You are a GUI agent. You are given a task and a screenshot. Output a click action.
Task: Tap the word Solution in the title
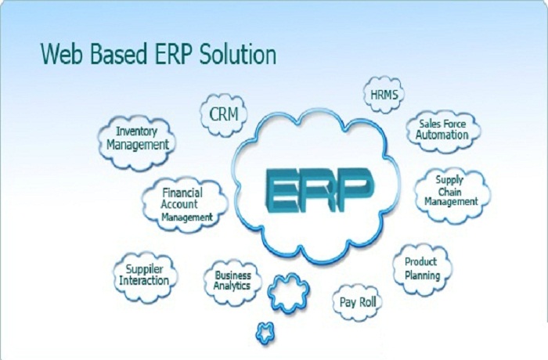pos(238,55)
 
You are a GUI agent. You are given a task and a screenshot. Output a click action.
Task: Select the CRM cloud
pos(224,114)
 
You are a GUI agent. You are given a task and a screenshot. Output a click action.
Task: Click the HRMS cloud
pos(384,95)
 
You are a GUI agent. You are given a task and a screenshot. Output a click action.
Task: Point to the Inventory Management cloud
pos(137,142)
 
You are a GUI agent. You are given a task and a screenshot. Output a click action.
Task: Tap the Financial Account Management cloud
pos(186,205)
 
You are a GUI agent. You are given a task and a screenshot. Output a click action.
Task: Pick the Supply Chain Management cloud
pos(452,195)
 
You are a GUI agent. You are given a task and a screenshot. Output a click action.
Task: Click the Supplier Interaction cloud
pos(145,277)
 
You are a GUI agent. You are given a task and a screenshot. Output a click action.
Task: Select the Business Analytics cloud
pos(233,282)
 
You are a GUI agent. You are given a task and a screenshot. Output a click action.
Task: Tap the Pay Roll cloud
pos(357,302)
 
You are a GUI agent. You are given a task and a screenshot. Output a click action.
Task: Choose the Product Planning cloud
pos(422,270)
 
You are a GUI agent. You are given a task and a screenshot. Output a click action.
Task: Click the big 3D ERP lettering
pos(319,190)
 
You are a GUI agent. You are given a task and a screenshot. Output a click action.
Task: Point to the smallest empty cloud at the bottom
pos(265,333)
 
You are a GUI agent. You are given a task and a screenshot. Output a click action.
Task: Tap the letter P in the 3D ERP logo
pos(355,190)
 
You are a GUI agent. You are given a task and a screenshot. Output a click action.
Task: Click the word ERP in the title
pos(173,55)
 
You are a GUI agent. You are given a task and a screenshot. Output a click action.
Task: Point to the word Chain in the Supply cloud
pos(449,192)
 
